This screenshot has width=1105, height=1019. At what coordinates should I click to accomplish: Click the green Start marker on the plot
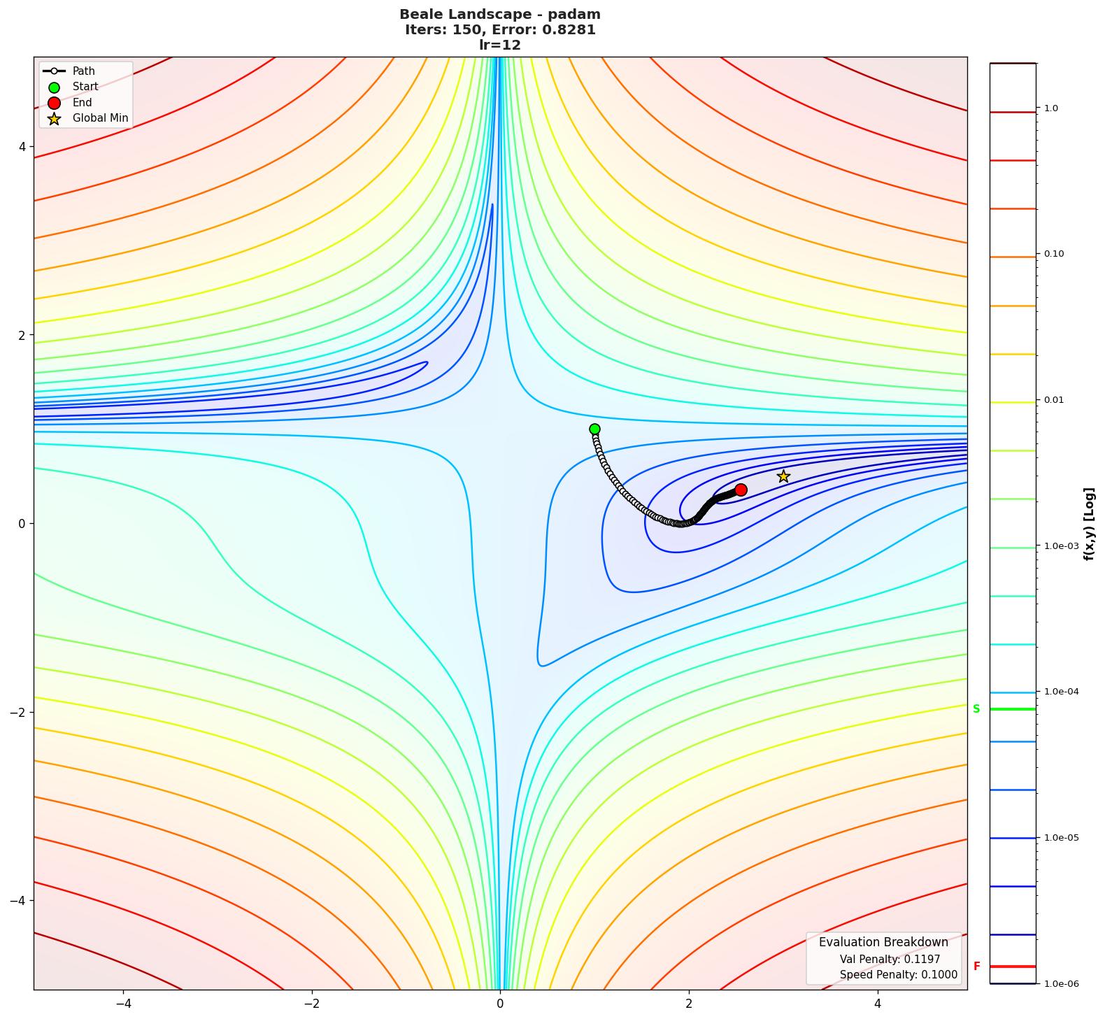point(594,429)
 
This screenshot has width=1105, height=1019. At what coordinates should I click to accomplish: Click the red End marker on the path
point(741,490)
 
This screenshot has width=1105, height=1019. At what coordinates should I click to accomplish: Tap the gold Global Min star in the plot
point(783,476)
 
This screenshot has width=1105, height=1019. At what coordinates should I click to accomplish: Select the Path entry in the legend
point(83,71)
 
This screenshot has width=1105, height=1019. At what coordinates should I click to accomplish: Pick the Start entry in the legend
point(85,87)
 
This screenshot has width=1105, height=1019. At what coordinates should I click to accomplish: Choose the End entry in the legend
point(82,103)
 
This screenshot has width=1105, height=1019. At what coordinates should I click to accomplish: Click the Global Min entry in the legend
point(100,118)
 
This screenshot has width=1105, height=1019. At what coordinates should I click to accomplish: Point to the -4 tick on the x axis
point(123,1004)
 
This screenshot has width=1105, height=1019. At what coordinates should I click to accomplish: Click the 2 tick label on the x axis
point(689,1004)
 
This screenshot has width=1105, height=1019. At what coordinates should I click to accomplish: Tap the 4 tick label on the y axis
point(22,147)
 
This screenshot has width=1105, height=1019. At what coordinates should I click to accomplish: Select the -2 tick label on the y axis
point(17,712)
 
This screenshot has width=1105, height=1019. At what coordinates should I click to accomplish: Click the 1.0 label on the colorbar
point(1050,108)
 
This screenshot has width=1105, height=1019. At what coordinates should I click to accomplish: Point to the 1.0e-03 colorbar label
point(1061,546)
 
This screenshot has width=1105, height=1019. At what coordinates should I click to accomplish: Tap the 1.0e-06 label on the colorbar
point(1061,984)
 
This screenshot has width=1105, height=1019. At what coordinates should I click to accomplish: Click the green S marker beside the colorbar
point(976,709)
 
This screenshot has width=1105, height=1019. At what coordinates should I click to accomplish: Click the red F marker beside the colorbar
point(976,967)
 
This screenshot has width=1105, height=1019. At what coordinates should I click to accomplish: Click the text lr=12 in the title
point(499,45)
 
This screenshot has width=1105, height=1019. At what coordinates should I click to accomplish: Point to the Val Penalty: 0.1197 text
point(890,960)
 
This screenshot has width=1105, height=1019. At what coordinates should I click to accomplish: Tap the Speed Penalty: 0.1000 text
point(898,975)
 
